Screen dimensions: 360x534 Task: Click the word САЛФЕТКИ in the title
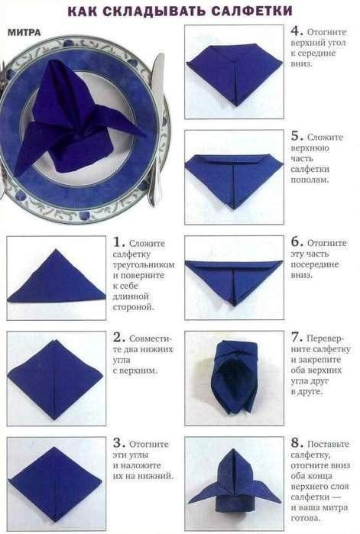point(251,11)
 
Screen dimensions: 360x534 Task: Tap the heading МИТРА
point(24,32)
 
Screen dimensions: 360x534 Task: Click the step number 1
point(118,242)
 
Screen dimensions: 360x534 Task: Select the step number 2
point(118,338)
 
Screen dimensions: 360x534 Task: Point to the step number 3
point(118,443)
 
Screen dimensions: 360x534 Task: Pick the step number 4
point(296,31)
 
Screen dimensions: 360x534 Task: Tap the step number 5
point(296,136)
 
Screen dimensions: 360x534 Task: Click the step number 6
point(296,242)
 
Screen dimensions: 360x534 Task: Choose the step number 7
point(296,338)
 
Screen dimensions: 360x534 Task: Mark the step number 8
point(296,443)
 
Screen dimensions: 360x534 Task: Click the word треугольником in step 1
point(144,264)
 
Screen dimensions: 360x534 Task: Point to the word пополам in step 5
point(310,180)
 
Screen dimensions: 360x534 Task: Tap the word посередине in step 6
point(315,264)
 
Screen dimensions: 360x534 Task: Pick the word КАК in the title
point(82,11)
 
